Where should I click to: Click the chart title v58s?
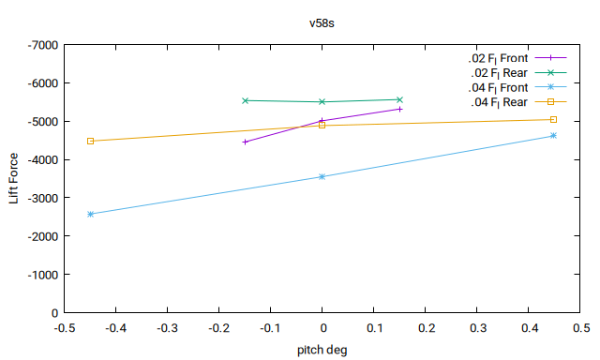click(322, 23)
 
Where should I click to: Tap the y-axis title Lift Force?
click(13, 178)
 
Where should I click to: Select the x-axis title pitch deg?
click(322, 350)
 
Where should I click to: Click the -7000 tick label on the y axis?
click(43, 45)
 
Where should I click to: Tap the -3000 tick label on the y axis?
click(43, 198)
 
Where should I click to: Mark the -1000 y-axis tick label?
click(43, 275)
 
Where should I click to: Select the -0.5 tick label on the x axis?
click(65, 328)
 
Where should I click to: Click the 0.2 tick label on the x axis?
click(425, 328)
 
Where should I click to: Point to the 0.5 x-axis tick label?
click(580, 328)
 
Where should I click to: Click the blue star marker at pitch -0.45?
click(90, 215)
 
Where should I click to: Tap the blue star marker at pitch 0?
click(322, 177)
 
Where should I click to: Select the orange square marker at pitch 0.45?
click(553, 120)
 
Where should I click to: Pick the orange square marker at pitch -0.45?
click(90, 142)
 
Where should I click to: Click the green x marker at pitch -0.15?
click(246, 100)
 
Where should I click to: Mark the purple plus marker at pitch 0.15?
click(400, 110)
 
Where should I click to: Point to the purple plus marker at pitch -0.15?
click(246, 142)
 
